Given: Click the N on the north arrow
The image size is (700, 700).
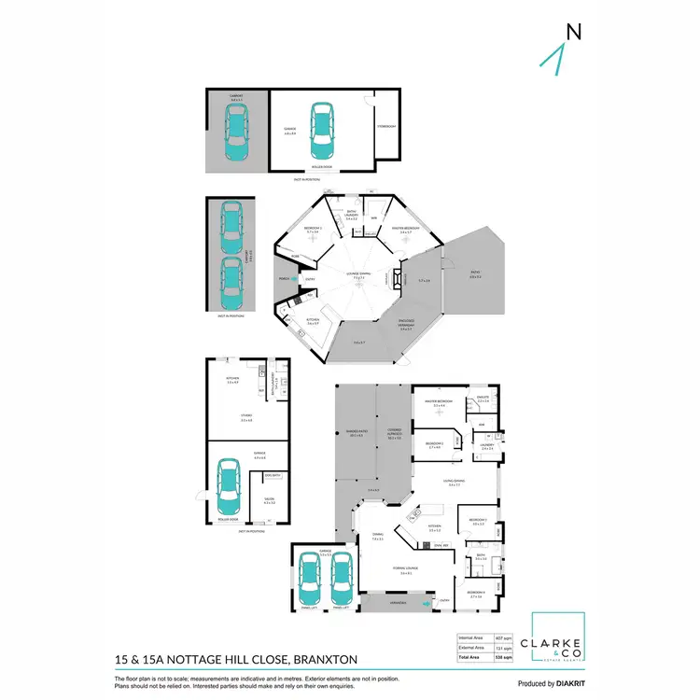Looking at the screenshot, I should point(573,31).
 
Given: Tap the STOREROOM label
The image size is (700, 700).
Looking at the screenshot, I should point(386,126).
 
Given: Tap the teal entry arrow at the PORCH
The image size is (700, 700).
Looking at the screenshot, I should point(293,278).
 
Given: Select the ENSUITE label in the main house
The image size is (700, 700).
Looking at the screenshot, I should point(483,399).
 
